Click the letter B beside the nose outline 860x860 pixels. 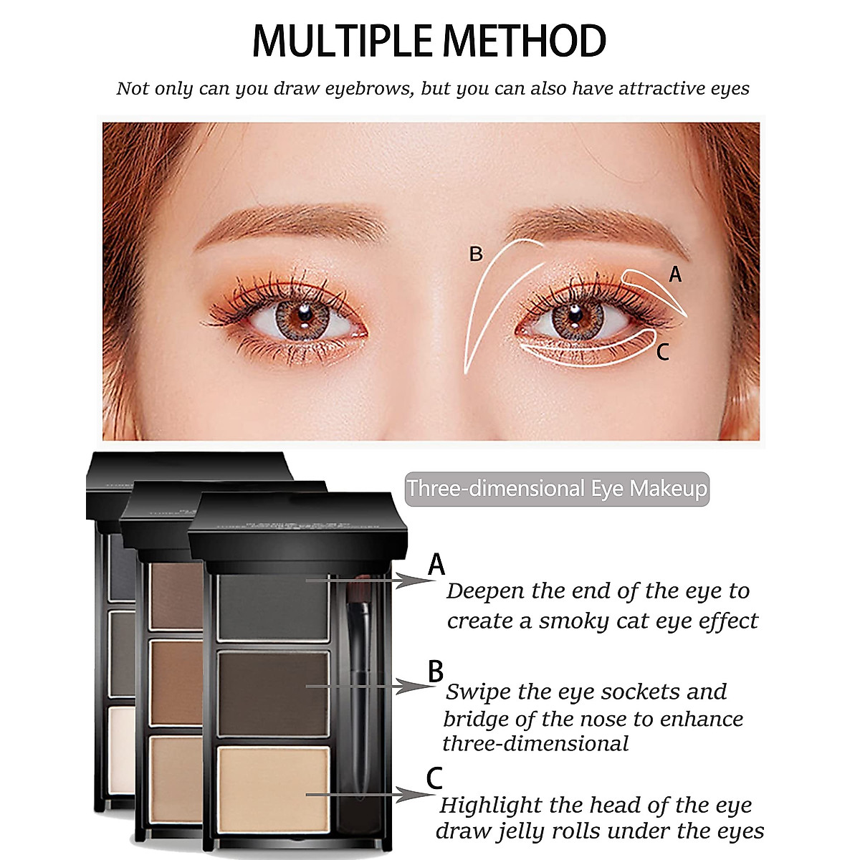coord(476,254)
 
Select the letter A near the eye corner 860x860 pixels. coord(674,274)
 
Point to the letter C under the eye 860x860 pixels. coord(663,352)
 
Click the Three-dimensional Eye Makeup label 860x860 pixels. coord(557,489)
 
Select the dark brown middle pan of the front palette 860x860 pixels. coord(273,693)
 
